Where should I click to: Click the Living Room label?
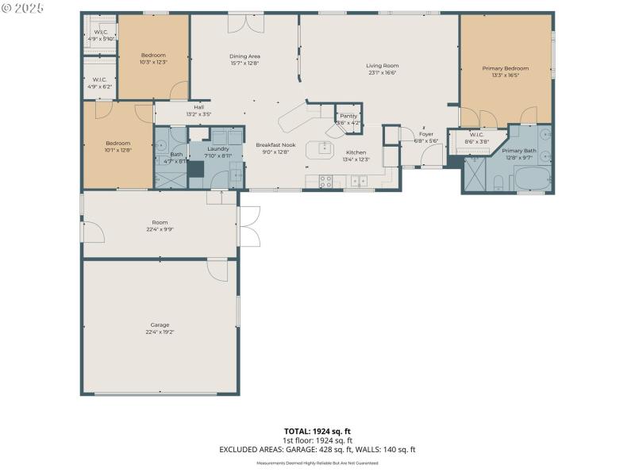(382, 65)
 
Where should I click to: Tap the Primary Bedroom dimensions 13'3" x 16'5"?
(506, 75)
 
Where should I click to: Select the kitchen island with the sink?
(325, 147)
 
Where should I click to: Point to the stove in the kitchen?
(325, 181)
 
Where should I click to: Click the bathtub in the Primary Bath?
(530, 180)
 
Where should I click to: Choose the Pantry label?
(348, 116)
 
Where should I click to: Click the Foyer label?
(426, 134)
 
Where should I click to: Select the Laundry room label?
(217, 148)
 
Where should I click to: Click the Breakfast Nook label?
(275, 144)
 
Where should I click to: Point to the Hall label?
(198, 108)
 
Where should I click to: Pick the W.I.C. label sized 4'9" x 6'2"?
(99, 79)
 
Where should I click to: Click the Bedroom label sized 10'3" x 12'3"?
(152, 55)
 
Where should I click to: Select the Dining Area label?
(244, 56)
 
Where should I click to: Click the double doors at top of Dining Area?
(244, 24)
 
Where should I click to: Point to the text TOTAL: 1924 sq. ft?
(317, 431)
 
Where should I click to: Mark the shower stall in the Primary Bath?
(475, 176)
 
